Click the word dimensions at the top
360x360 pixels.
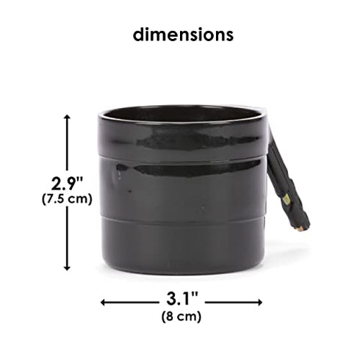pos(183,35)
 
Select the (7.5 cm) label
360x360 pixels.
pos(67,199)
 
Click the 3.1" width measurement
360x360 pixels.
pos(181,299)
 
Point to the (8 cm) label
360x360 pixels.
pos(181,317)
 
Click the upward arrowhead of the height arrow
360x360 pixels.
pos(67,117)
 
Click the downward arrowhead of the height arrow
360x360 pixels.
pos(67,268)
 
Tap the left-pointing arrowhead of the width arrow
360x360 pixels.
pos(103,303)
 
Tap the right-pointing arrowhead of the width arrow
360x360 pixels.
pos(259,303)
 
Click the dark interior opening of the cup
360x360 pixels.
pos(180,115)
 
